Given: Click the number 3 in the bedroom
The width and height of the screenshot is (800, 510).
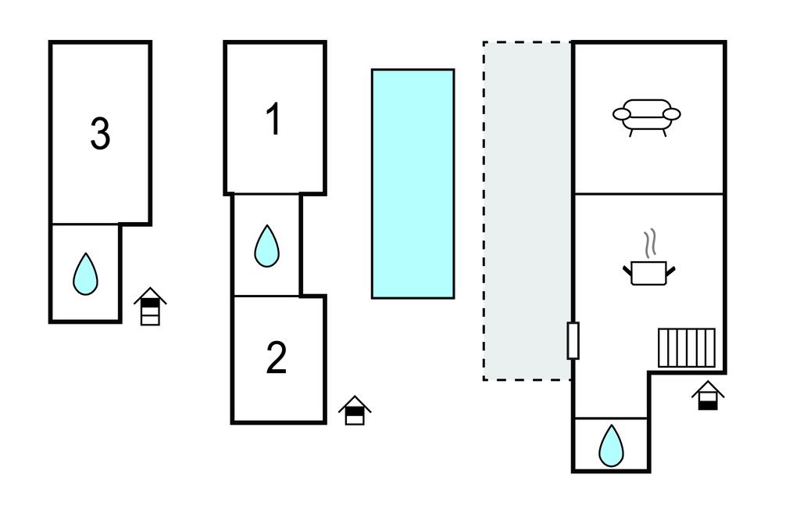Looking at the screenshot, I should pyautogui.click(x=100, y=134).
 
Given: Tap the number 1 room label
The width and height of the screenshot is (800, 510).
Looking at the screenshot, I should pyautogui.click(x=273, y=120).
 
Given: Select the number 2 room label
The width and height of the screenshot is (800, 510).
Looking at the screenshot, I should pyautogui.click(x=277, y=358).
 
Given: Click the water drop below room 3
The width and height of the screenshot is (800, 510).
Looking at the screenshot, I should pyautogui.click(x=85, y=274).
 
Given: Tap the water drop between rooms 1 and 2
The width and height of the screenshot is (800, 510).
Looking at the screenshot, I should pyautogui.click(x=266, y=246).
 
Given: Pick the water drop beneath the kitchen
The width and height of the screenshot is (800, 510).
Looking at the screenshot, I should pyautogui.click(x=611, y=445).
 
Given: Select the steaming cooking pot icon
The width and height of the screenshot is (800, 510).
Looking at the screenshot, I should pyautogui.click(x=648, y=270).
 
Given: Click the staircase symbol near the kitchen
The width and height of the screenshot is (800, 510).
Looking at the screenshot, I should pyautogui.click(x=686, y=347).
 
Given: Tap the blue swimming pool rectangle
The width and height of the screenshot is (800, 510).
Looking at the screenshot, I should pyautogui.click(x=412, y=184).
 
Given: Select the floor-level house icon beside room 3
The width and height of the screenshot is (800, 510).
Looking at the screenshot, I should pyautogui.click(x=150, y=307).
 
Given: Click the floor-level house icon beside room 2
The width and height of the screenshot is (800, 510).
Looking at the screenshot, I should pyautogui.click(x=355, y=411).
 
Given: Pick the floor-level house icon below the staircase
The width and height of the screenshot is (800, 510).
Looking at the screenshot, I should pyautogui.click(x=708, y=395).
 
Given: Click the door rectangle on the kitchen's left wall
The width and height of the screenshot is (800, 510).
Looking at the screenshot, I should pyautogui.click(x=573, y=340).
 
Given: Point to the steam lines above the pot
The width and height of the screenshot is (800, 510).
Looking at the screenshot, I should pyautogui.click(x=648, y=243).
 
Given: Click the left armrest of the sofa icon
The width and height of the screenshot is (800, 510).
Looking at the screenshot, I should pyautogui.click(x=622, y=115).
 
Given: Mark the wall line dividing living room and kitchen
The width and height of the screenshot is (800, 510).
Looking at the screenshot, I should pyautogui.click(x=649, y=193).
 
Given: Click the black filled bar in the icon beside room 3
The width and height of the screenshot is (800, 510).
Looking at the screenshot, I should pyautogui.click(x=150, y=306).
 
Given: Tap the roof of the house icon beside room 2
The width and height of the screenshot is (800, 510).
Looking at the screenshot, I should pyautogui.click(x=355, y=402).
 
